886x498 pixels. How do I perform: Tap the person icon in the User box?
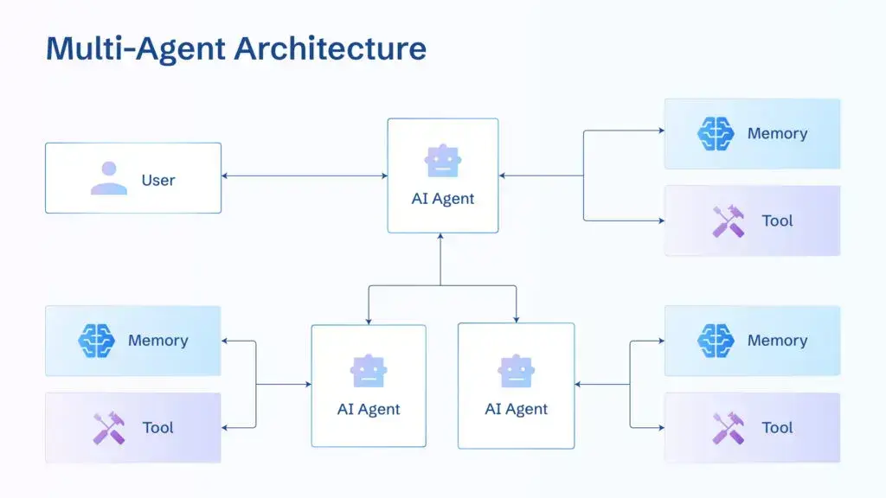coord(108,178)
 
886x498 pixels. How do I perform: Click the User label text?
coord(158,180)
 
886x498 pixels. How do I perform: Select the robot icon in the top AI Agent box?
coord(443,161)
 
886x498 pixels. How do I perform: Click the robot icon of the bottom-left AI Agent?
coord(369,371)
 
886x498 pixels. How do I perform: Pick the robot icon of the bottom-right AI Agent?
coord(517,371)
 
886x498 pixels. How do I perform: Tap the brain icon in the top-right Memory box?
coord(716,134)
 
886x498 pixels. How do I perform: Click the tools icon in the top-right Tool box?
coord(728,220)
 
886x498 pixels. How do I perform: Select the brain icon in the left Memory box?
coord(96,341)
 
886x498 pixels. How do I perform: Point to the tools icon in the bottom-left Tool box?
coord(109,428)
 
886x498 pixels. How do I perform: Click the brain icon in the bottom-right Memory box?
coord(716,341)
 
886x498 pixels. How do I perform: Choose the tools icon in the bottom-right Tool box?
coord(728,428)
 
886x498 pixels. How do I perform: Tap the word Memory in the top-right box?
coord(777,134)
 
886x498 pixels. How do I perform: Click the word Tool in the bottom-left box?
coord(158,428)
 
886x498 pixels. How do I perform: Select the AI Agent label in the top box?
coord(443,199)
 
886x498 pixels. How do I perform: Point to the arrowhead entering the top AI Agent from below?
coord(440,238)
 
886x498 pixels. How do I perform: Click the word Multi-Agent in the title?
coord(134,48)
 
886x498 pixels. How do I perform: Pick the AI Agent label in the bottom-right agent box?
coord(517,409)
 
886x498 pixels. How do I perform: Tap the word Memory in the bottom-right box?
coord(777,341)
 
